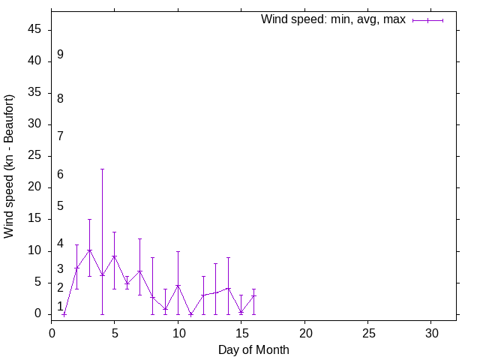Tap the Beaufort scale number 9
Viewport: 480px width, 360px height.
point(60,55)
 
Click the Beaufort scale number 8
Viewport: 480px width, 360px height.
point(60,98)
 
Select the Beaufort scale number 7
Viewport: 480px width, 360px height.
point(60,136)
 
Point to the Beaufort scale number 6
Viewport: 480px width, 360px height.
point(60,175)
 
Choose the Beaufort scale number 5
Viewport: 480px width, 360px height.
point(60,206)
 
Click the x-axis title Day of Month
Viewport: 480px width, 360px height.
point(253,349)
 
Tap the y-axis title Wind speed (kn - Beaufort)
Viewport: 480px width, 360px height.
point(9,166)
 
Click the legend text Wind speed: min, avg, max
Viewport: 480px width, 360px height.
point(333,19)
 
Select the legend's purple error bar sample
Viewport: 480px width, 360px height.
point(427,20)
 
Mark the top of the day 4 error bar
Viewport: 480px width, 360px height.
point(102,169)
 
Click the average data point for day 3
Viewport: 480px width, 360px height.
point(89,250)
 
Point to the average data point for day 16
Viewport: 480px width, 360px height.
point(253,295)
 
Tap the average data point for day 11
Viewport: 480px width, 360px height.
point(190,314)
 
